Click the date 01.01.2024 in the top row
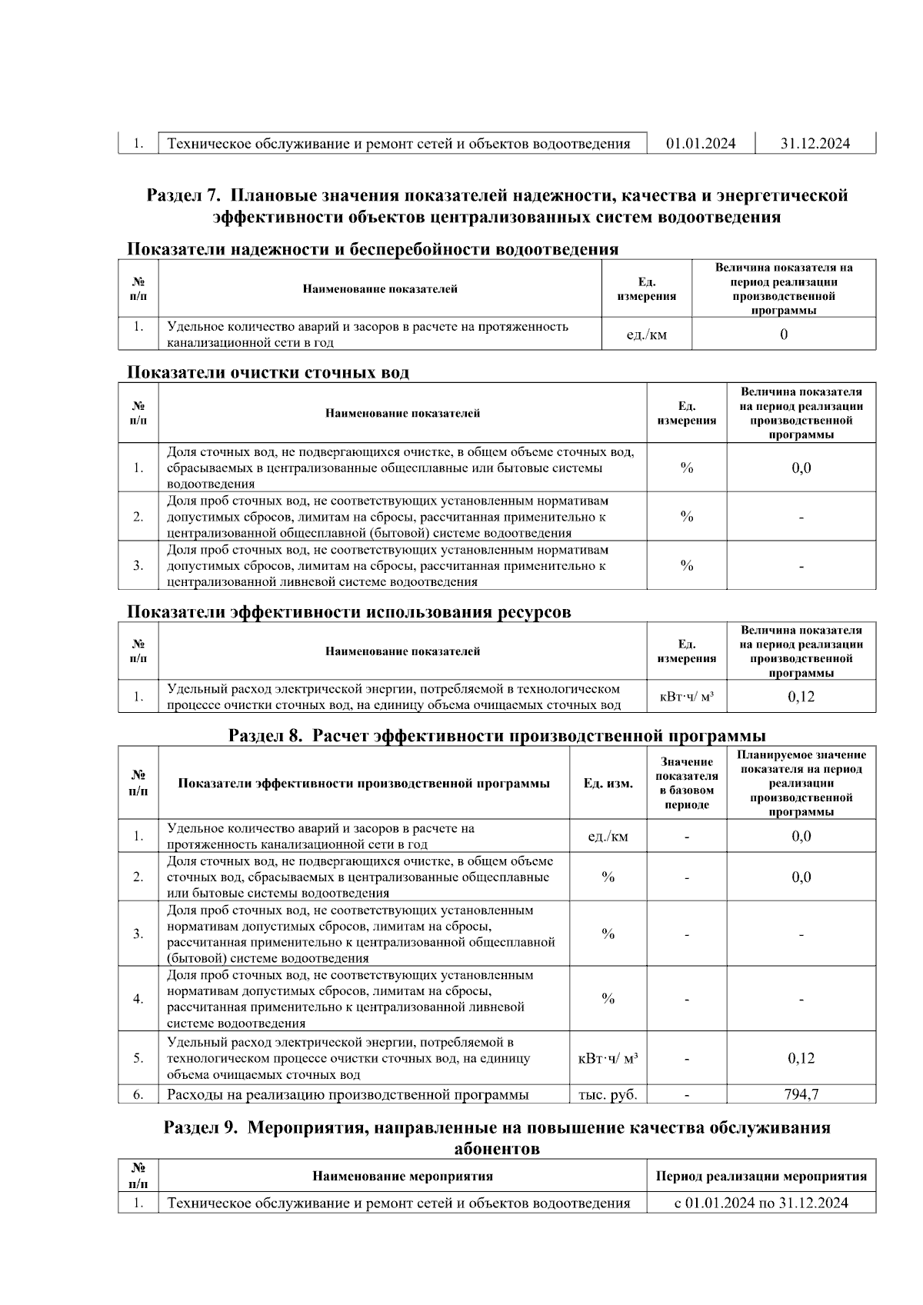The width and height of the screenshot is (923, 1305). click(x=700, y=144)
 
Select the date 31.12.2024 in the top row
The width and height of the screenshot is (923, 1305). click(x=815, y=144)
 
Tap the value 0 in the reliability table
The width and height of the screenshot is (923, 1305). click(x=783, y=335)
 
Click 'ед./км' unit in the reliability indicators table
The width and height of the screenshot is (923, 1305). click(x=646, y=335)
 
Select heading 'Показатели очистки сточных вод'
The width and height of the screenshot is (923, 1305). click(x=268, y=373)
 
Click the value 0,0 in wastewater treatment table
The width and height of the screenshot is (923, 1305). click(x=801, y=468)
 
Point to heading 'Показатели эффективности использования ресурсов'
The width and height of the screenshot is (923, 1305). click(x=348, y=612)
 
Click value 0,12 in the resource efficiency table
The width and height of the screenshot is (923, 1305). click(x=801, y=697)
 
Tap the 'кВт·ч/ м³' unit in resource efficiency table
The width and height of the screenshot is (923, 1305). click(x=686, y=697)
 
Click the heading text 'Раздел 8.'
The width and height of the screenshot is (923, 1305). click(x=265, y=736)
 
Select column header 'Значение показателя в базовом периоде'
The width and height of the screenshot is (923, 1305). click(x=686, y=783)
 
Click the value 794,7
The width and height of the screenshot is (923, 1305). click(x=801, y=1094)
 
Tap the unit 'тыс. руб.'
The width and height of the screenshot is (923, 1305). click(x=608, y=1094)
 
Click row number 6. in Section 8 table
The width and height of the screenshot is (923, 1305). click(x=138, y=1094)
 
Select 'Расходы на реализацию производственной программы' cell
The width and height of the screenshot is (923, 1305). click(x=348, y=1094)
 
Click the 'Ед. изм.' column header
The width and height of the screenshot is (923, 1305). click(x=608, y=783)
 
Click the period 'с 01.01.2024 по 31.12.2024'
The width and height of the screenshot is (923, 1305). click(x=761, y=1203)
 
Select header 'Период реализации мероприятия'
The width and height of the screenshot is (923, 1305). click(x=761, y=1176)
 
